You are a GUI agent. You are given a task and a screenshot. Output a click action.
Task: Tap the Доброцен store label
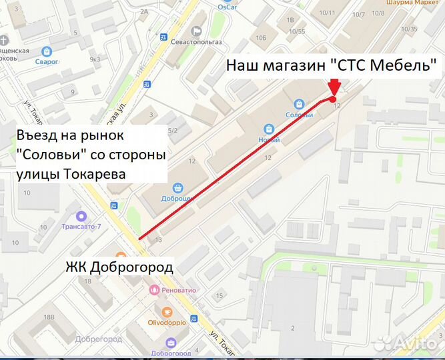tap(178, 199)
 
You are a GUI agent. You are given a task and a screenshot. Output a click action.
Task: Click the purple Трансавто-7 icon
tap(81, 215)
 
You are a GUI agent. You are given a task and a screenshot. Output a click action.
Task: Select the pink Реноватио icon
tap(154, 290)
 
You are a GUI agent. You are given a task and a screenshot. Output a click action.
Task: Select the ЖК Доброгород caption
tap(119, 267)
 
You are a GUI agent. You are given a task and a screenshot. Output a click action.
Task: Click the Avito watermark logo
tap(407, 343)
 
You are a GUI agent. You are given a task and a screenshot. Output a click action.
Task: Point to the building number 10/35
tap(409, 29)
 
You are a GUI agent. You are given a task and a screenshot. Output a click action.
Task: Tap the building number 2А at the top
tap(143, 11)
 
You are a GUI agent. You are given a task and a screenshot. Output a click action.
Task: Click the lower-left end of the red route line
tap(139, 239)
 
